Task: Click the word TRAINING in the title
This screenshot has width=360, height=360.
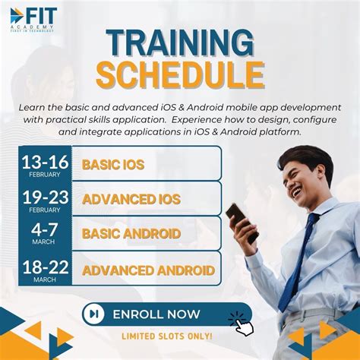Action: coord(179,45)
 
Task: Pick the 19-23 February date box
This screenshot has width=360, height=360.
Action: coord(45,199)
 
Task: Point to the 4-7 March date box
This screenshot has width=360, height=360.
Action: coord(45,234)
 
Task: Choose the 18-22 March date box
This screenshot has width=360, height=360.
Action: coord(45,270)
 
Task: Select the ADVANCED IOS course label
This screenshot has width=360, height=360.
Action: coord(131,200)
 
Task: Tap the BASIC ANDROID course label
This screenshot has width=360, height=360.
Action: coord(131,234)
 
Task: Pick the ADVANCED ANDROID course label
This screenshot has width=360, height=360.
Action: coord(148,270)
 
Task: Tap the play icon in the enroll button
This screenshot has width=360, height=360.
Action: coord(94,314)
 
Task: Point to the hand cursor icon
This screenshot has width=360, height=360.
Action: coord(242,324)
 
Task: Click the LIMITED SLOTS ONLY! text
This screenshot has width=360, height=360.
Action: coord(167,336)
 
